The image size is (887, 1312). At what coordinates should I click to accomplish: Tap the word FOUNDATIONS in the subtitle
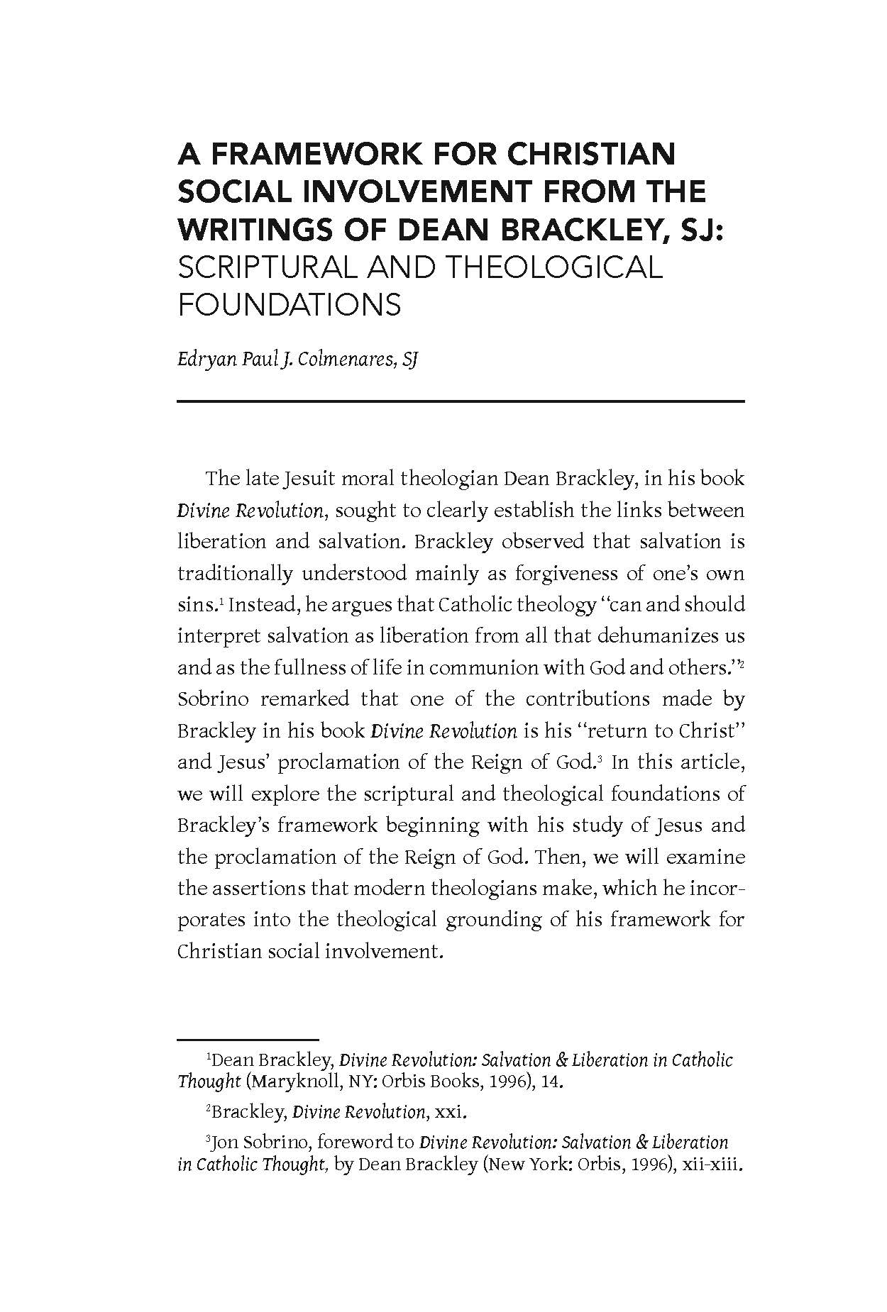pos(290,305)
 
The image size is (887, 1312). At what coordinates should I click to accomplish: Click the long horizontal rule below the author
pos(461,402)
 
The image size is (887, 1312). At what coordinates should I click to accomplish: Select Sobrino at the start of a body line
pos(213,699)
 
